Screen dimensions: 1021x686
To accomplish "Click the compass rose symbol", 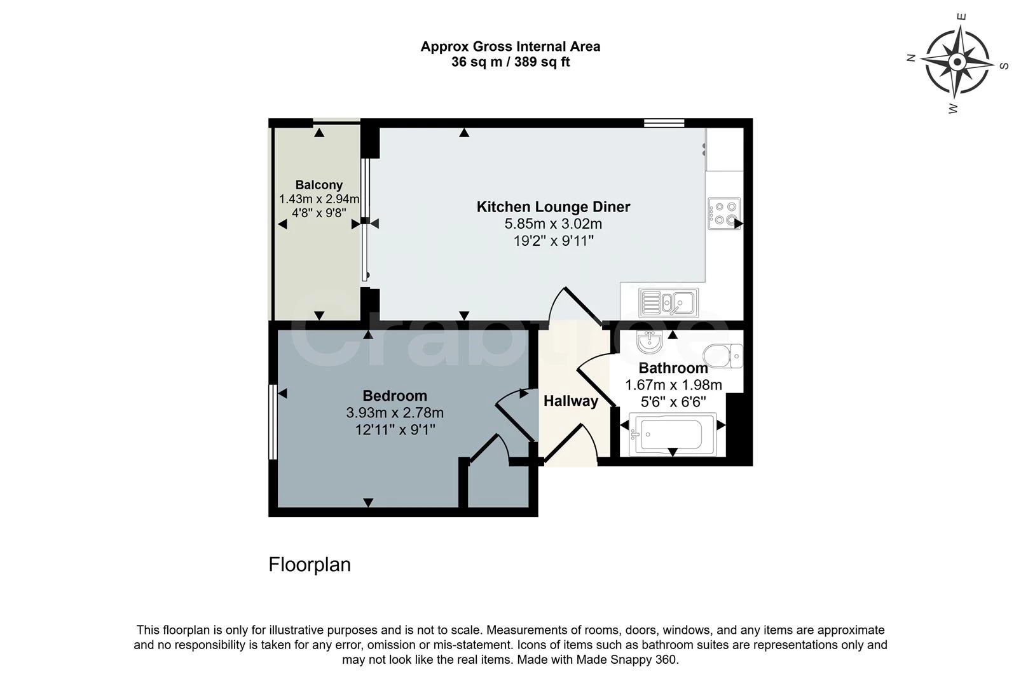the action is coord(957,62).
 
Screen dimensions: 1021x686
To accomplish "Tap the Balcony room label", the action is coord(319,185).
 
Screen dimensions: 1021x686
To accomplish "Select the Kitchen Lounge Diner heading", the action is coord(553,207).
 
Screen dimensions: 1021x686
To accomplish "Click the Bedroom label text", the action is coord(395,395).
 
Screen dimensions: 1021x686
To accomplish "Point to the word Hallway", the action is coord(571,401).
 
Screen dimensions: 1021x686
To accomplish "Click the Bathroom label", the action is coord(673,368).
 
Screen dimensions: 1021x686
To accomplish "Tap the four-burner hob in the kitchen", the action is coord(724,213).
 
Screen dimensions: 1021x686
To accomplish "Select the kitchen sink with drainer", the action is coord(668,302).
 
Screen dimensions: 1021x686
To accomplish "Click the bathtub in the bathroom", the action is coord(673,434).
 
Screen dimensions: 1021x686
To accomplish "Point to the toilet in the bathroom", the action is coord(723,355).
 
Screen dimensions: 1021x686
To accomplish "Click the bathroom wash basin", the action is coord(650,342).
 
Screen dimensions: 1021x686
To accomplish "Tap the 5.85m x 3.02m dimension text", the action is coord(553,224).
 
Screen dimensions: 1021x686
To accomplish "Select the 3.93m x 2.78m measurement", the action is coord(395,413).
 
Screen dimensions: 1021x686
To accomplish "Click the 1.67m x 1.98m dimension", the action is coord(673,386).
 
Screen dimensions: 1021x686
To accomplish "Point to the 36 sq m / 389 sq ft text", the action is coord(510,62).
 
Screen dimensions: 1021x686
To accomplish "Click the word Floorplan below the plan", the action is coord(310,565).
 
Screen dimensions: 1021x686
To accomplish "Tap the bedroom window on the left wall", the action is coord(273,422).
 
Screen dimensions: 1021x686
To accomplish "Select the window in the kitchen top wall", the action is coord(664,123).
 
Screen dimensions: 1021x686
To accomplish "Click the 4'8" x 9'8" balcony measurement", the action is coord(319,213).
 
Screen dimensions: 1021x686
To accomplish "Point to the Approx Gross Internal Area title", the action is coord(510,46).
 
